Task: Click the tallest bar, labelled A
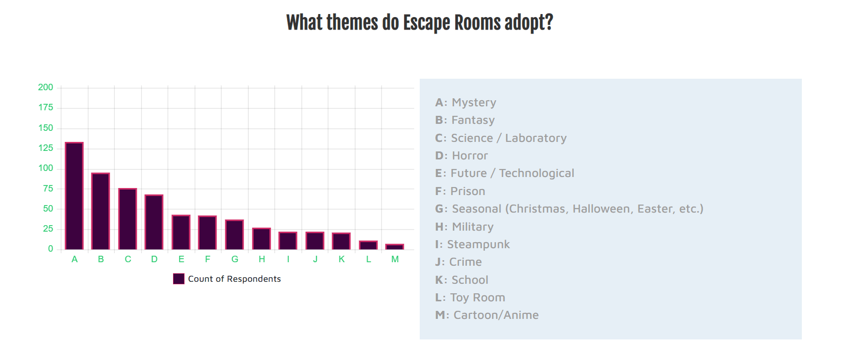[x=74, y=196]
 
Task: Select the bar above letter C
[x=128, y=219]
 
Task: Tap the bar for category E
[x=181, y=232]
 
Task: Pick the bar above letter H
[x=262, y=238]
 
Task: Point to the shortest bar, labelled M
[x=395, y=246]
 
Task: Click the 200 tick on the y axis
[x=46, y=87]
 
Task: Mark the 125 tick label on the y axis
[x=46, y=148]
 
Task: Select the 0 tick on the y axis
[x=51, y=249]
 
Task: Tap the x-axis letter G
[x=235, y=259]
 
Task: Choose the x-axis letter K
[x=342, y=259]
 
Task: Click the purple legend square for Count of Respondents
[x=179, y=279]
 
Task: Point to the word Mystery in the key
[x=474, y=103]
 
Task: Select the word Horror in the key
[x=470, y=156]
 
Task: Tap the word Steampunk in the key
[x=478, y=245]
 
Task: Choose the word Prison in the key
[x=468, y=192]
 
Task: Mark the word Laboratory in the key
[x=536, y=138]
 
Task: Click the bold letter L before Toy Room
[x=438, y=297]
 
